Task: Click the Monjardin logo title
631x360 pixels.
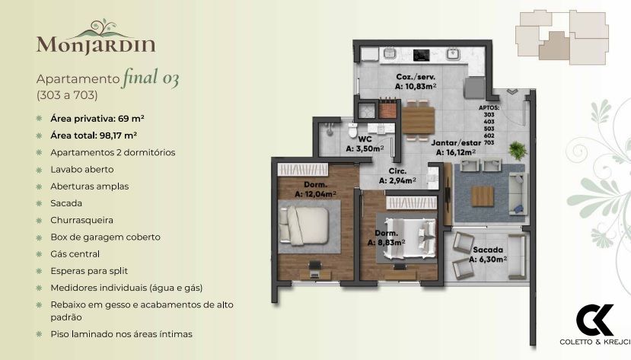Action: click(x=95, y=43)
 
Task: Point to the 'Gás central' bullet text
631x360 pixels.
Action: click(x=75, y=253)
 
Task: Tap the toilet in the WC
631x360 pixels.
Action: click(x=351, y=132)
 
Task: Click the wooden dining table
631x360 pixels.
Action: click(x=417, y=119)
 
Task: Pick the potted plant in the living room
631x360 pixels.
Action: click(x=518, y=148)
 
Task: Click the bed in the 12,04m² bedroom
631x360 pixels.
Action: click(x=304, y=226)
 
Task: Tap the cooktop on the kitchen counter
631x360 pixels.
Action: click(x=420, y=55)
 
